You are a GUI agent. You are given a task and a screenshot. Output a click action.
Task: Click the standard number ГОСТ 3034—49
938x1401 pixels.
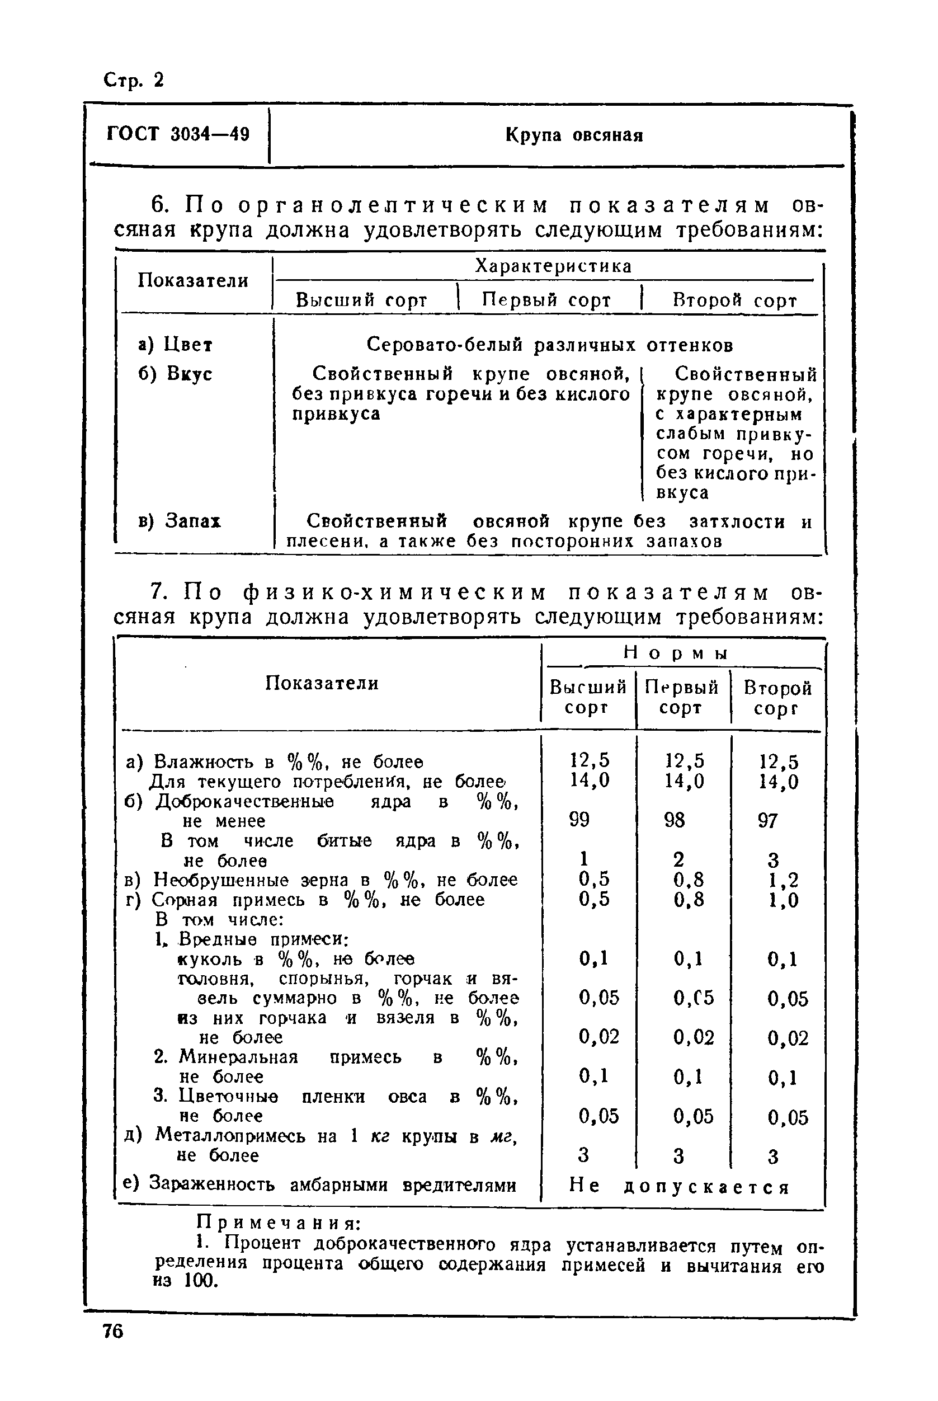click(x=178, y=134)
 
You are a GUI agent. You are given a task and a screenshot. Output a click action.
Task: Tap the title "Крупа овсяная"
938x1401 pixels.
click(x=574, y=135)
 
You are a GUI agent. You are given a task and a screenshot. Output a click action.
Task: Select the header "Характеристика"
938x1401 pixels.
click(x=553, y=266)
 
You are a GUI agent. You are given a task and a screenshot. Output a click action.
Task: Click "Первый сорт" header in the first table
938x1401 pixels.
click(x=546, y=300)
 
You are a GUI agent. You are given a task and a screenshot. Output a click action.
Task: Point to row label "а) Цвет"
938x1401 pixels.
click(x=175, y=345)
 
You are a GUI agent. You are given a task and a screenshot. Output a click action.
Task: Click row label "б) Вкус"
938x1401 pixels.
click(x=175, y=374)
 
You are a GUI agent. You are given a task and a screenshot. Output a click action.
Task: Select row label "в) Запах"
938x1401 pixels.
click(x=180, y=521)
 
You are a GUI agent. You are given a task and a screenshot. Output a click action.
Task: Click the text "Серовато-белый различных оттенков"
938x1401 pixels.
click(x=549, y=345)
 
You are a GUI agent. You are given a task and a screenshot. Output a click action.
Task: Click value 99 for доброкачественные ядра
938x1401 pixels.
click(x=579, y=820)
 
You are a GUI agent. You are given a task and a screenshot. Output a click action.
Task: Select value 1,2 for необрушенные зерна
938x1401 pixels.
click(x=783, y=880)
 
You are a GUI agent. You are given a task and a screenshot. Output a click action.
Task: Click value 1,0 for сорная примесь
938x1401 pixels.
click(x=783, y=900)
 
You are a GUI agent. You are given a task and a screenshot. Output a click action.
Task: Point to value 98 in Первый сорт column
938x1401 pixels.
click(x=674, y=820)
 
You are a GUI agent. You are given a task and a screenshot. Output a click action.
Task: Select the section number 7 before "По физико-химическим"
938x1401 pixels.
click(x=157, y=592)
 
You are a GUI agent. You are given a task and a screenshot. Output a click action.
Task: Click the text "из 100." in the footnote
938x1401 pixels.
click(x=186, y=1281)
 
